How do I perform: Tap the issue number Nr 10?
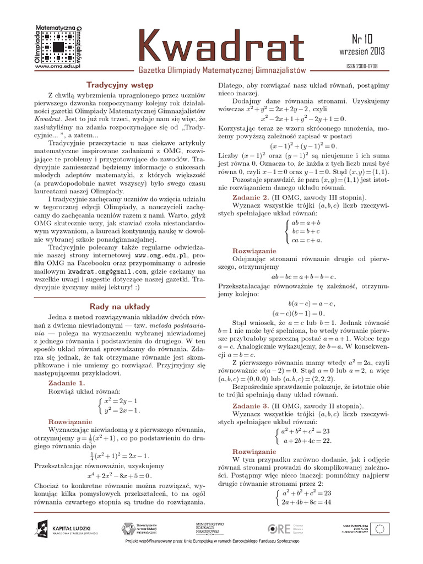pyautogui.click(x=362, y=39)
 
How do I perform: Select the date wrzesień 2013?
pyautogui.click(x=362, y=52)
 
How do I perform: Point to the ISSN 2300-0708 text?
pyautogui.click(x=362, y=66)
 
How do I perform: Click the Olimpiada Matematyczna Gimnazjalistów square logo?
pyautogui.click(x=58, y=45)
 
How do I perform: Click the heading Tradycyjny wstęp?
pyautogui.click(x=120, y=85)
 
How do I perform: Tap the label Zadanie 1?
pyautogui.click(x=67, y=382)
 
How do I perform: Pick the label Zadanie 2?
pyautogui.click(x=251, y=197)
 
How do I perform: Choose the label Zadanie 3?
pyautogui.click(x=251, y=405)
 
